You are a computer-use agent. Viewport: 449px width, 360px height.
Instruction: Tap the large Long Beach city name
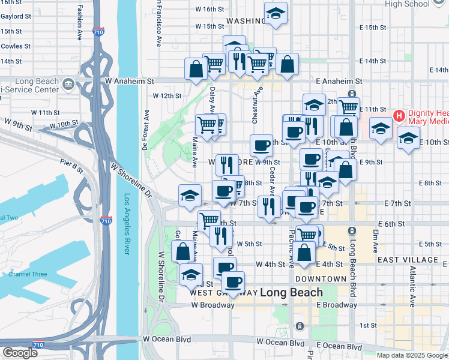point(292,293)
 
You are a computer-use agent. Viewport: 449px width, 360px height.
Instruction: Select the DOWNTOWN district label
point(321,279)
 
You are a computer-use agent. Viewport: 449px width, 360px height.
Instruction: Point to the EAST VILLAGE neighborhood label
point(408,260)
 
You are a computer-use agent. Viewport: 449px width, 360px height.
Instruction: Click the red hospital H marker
point(397,115)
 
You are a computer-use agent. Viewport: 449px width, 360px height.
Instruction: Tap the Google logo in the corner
point(19,353)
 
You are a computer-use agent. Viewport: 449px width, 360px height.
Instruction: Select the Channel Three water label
point(28,274)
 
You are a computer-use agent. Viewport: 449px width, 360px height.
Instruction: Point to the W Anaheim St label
point(130,80)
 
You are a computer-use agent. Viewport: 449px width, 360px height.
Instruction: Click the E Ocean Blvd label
point(339,346)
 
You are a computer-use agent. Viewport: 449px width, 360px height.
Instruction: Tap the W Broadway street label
point(212,305)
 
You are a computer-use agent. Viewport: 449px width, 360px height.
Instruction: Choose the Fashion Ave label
point(80,23)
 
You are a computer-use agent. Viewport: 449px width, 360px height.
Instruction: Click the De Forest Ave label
point(146,129)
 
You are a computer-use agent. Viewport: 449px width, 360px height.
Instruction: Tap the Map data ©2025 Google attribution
point(412,355)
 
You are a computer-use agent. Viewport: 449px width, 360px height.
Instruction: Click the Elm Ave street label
point(376,237)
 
